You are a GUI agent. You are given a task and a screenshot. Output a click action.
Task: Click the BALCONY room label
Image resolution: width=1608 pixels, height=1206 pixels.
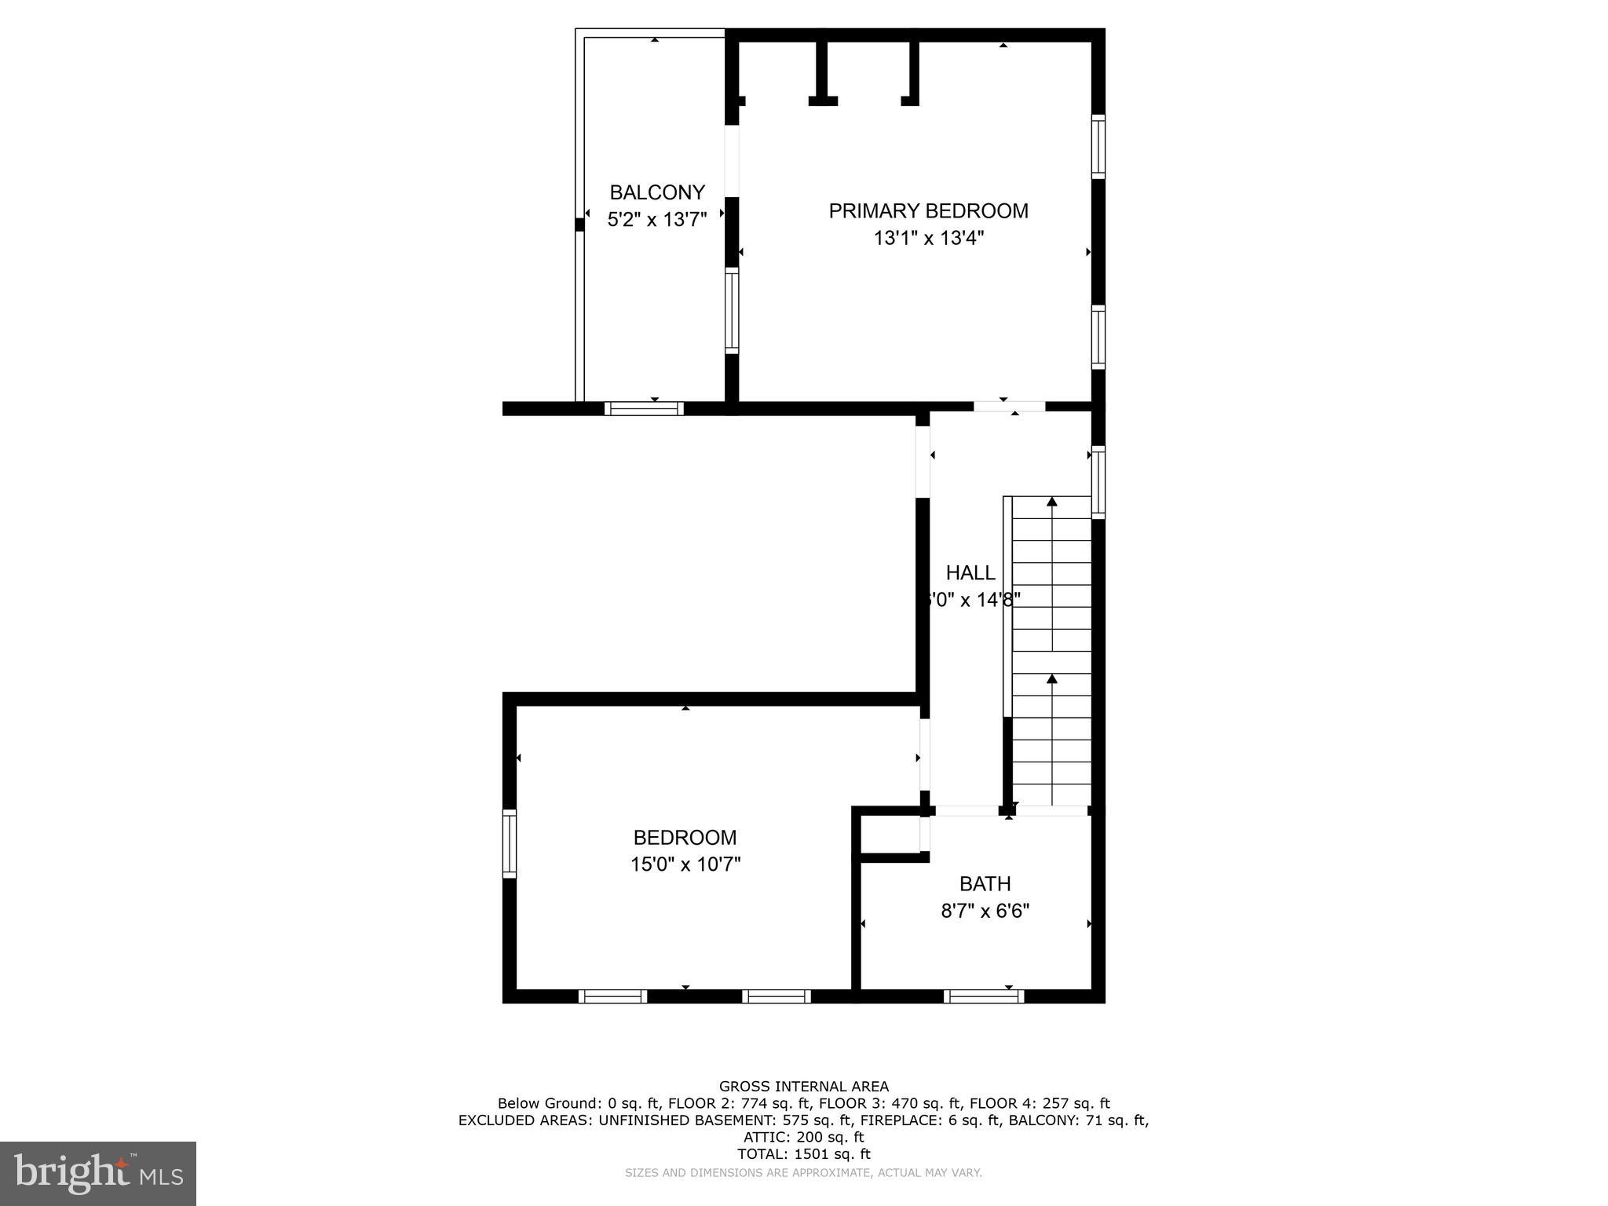(657, 192)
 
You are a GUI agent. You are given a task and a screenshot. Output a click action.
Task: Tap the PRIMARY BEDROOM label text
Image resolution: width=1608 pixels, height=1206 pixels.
(928, 210)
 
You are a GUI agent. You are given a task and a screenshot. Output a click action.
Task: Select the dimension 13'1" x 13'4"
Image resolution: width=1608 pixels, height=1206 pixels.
(928, 237)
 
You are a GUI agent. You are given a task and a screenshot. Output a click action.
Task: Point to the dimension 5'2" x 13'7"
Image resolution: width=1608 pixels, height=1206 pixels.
(657, 219)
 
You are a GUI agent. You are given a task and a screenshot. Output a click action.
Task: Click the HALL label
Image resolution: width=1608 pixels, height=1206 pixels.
(970, 572)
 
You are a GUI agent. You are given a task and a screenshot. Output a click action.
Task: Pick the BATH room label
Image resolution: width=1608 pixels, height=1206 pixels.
(985, 884)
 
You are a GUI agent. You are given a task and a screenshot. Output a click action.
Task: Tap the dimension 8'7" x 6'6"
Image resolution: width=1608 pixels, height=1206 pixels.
(985, 911)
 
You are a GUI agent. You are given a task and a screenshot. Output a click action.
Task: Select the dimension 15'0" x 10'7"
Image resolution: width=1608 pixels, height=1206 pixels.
(685, 864)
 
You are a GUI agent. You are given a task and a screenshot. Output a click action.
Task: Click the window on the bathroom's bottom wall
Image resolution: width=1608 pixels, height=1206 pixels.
(984, 996)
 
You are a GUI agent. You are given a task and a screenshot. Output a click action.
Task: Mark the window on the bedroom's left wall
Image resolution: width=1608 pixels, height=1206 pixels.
(510, 843)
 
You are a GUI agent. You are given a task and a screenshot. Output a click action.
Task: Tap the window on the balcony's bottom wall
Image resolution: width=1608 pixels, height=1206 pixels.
(644, 408)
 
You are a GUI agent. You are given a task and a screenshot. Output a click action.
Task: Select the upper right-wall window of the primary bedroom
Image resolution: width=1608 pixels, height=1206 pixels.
(1098, 147)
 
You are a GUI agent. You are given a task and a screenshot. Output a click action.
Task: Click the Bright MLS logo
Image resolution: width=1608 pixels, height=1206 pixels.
(98, 1173)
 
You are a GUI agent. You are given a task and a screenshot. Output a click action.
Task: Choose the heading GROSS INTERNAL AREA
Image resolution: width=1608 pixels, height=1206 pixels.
(803, 1087)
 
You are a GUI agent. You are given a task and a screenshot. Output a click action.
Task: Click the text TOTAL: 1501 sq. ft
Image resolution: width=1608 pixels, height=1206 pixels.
(803, 1154)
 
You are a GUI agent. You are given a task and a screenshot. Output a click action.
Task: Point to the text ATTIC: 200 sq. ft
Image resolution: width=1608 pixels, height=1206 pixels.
(803, 1137)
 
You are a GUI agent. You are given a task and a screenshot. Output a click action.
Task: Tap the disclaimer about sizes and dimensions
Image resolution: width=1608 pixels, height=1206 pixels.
(803, 1173)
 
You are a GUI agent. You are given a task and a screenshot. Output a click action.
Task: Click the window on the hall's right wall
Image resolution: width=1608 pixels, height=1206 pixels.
(1098, 482)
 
